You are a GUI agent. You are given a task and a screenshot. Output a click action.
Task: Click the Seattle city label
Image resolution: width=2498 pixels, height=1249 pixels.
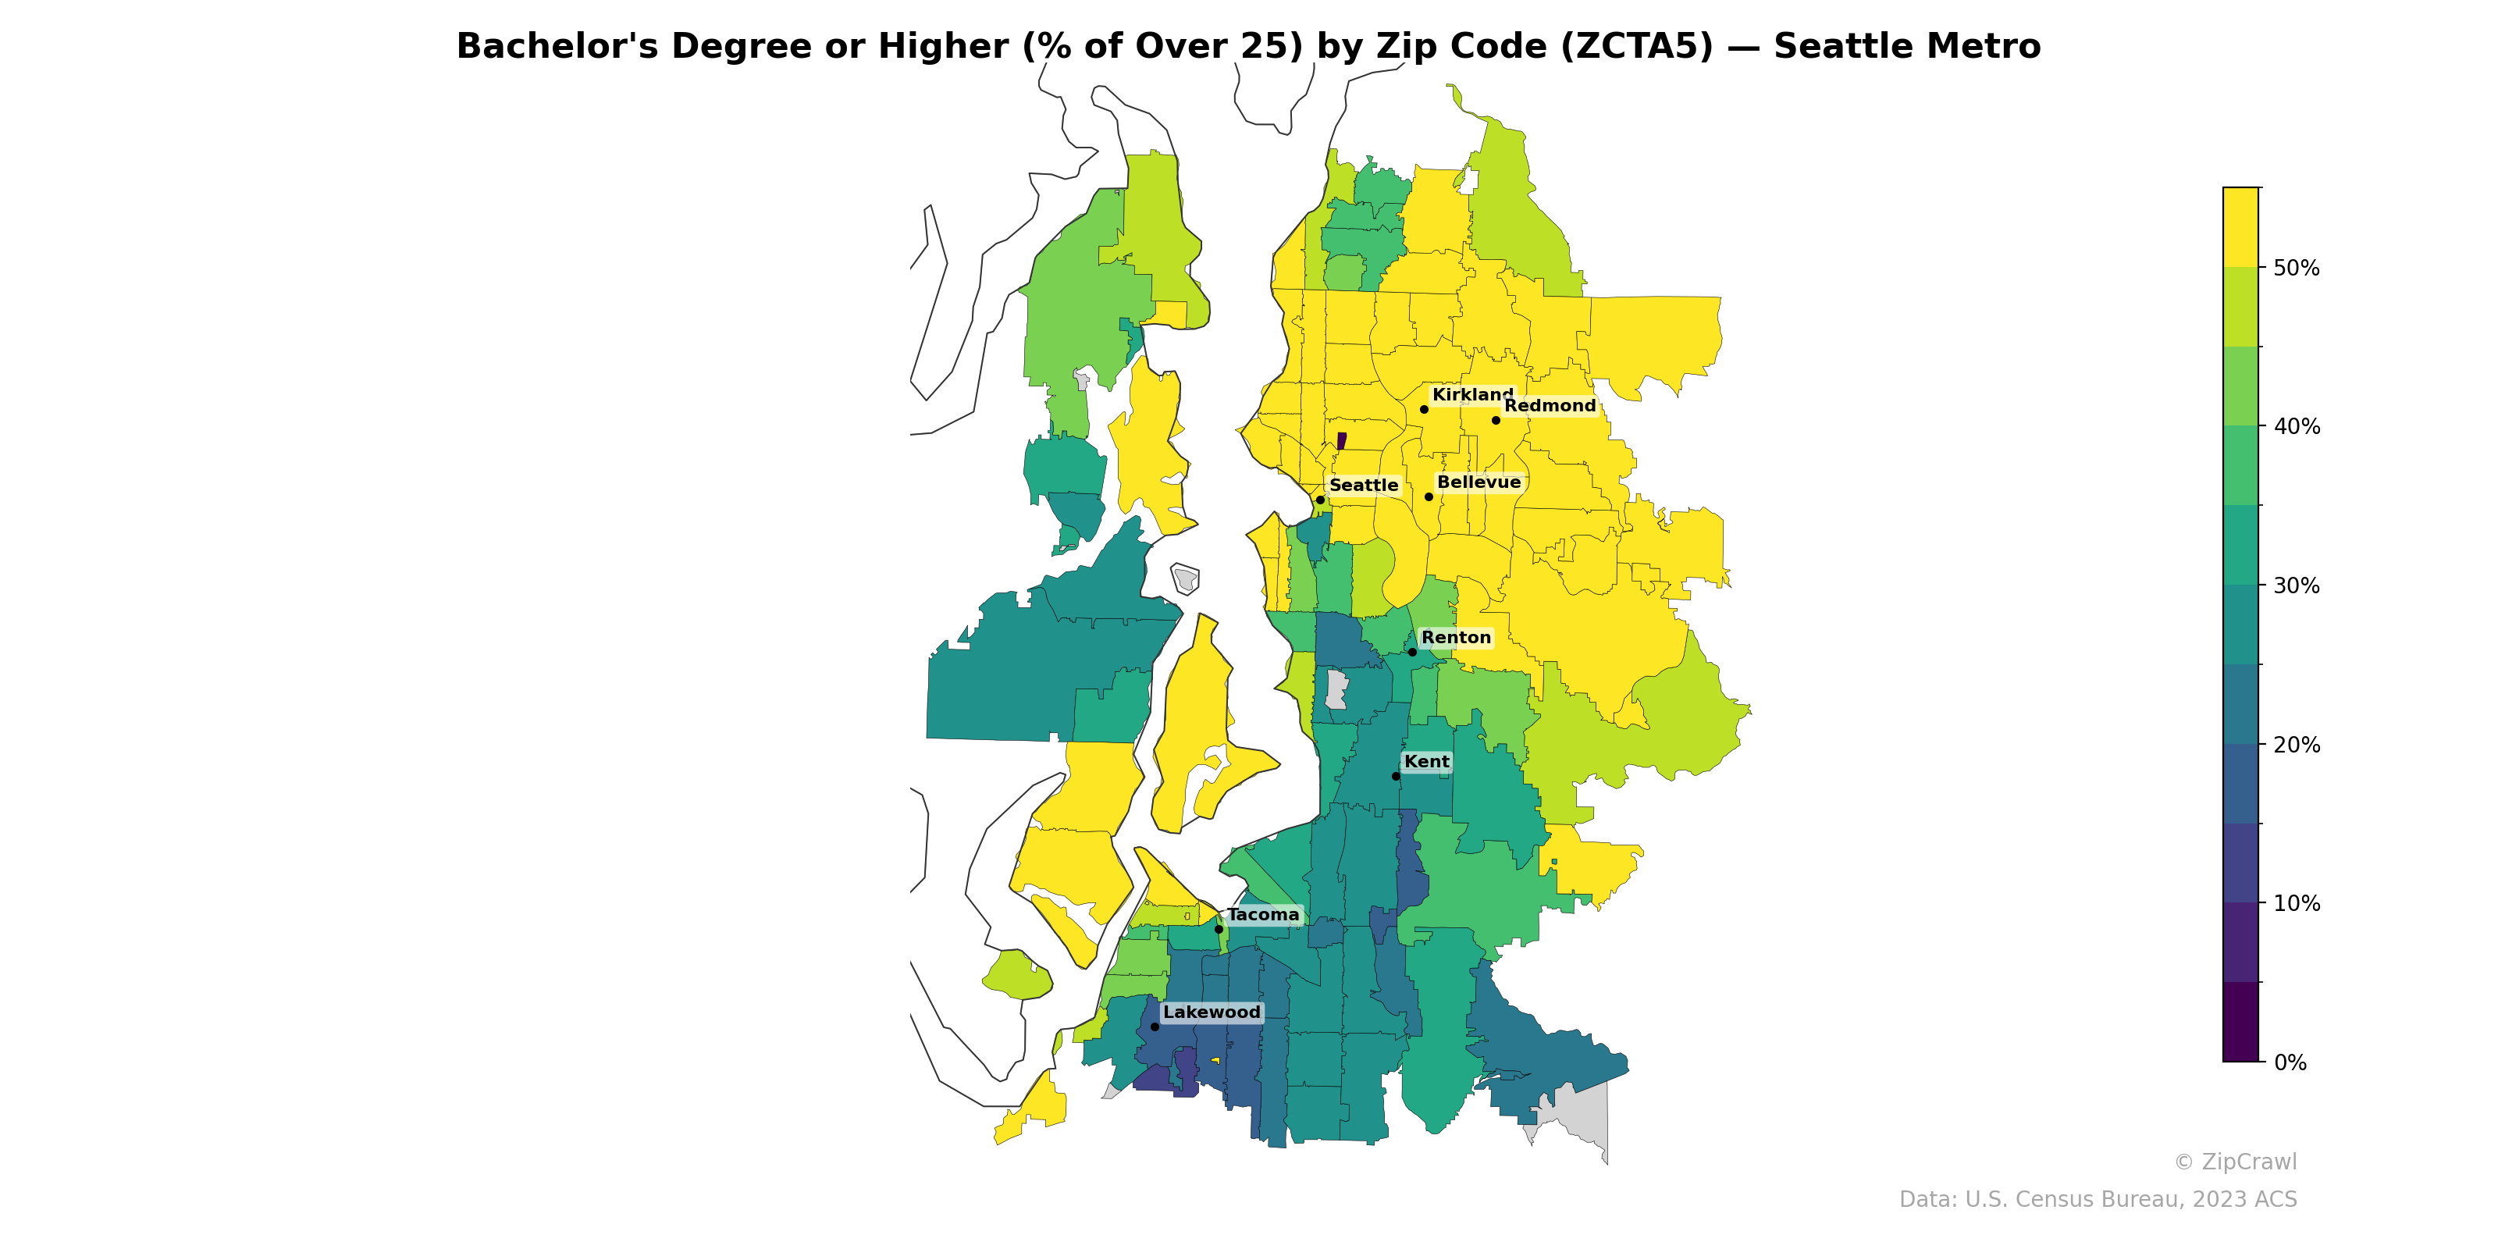1364,485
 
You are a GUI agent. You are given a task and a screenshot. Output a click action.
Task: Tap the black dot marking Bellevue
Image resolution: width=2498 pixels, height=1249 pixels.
1429,496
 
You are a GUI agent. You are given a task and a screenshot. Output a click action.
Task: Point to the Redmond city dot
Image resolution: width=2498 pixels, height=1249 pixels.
1496,420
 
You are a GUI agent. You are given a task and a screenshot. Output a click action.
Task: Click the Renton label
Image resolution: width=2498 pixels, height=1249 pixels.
1456,637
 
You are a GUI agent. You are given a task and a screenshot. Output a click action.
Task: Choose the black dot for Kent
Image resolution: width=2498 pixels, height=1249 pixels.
1396,776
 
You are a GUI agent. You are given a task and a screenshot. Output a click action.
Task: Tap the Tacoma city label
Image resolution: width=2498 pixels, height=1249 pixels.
1262,914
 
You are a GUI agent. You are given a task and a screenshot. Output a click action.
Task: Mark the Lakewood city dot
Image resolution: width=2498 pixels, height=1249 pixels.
1154,1026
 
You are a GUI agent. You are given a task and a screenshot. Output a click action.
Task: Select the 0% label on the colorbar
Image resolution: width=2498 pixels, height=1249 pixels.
2290,1062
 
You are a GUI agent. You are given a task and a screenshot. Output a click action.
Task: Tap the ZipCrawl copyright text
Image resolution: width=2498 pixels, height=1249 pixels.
2234,1162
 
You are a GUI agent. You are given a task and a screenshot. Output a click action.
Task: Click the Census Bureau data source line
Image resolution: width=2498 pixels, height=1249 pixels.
2097,1200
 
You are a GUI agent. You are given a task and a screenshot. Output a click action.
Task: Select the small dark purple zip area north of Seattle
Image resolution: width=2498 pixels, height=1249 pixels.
1341,441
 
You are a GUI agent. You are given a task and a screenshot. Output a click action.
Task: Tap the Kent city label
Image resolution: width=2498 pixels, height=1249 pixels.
1426,762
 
